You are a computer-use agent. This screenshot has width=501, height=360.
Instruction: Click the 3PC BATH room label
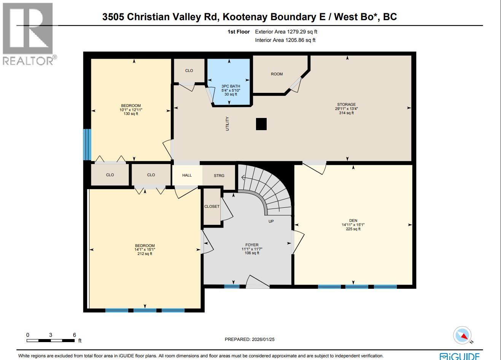click(231, 86)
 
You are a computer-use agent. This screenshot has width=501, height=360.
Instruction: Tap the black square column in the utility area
click(261, 124)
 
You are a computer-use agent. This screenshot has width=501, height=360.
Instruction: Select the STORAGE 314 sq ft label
click(346, 108)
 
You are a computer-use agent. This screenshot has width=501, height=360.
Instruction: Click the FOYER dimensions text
click(252, 249)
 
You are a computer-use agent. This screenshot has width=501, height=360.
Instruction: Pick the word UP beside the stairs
click(271, 221)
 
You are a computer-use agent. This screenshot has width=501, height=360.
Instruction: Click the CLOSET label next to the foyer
click(212, 207)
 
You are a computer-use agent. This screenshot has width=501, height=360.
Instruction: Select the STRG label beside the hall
click(219, 175)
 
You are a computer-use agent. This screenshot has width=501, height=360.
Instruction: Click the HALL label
click(187, 175)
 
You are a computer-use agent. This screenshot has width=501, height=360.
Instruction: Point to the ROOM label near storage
click(277, 74)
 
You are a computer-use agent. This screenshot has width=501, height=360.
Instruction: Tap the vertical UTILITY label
click(227, 124)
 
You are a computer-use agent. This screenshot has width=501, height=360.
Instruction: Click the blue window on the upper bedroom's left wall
click(87, 144)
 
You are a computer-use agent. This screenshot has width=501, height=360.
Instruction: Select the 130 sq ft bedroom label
click(130, 110)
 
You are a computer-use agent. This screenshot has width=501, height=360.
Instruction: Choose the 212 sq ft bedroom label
click(145, 250)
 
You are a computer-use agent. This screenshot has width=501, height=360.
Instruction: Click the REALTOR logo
click(29, 34)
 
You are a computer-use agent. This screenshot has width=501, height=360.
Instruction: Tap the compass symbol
click(462, 336)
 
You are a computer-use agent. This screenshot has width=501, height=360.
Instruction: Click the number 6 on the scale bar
click(75, 335)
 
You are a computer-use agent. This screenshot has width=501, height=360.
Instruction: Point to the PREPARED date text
click(249, 339)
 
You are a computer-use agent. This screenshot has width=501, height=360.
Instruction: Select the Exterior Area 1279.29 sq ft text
click(286, 32)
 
